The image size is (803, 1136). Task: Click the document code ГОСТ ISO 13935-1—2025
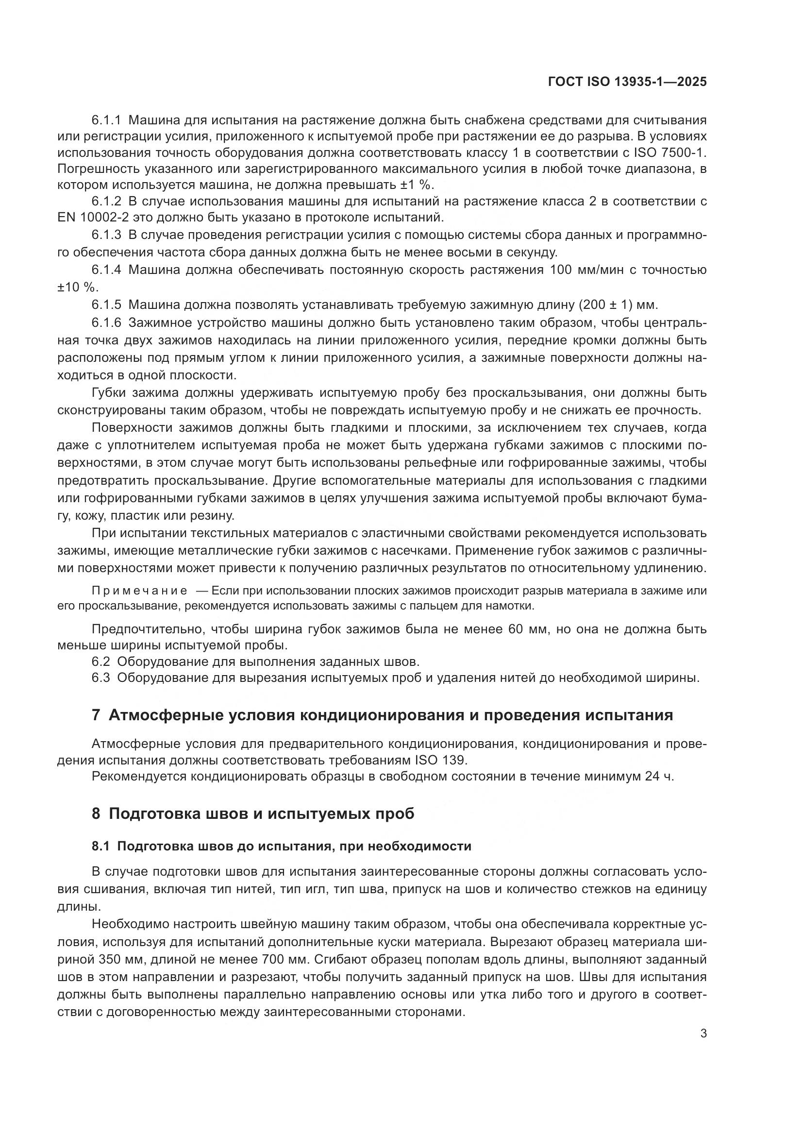tap(627, 82)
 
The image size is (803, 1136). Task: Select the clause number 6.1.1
tap(106, 120)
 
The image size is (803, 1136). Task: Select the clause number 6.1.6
tap(106, 322)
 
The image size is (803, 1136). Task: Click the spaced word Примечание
tap(139, 590)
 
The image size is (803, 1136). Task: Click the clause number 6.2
tap(100, 661)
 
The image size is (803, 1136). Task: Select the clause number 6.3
tap(100, 678)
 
